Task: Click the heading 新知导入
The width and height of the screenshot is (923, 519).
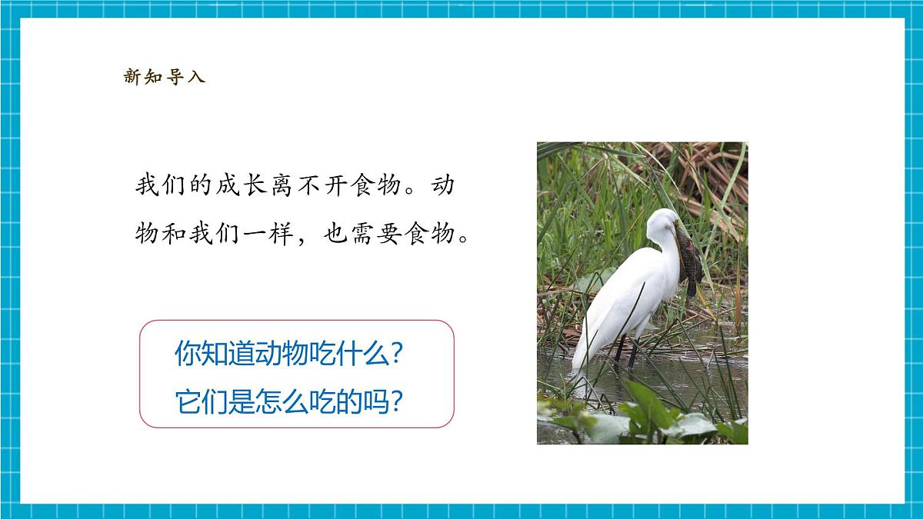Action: click(x=165, y=77)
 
